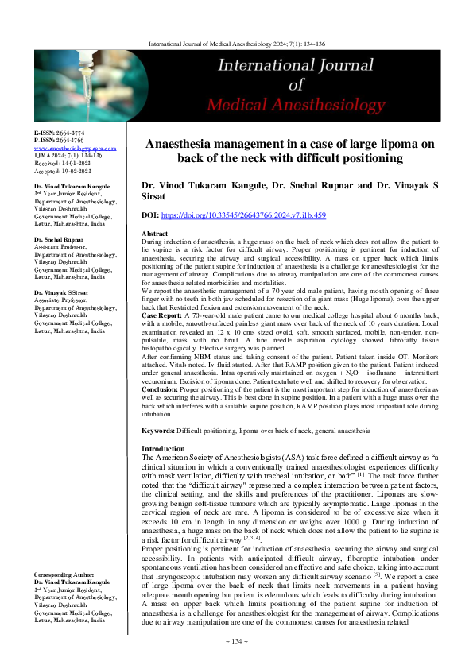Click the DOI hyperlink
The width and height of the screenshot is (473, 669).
(x=244, y=215)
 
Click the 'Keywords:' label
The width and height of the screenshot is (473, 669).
(x=158, y=430)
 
